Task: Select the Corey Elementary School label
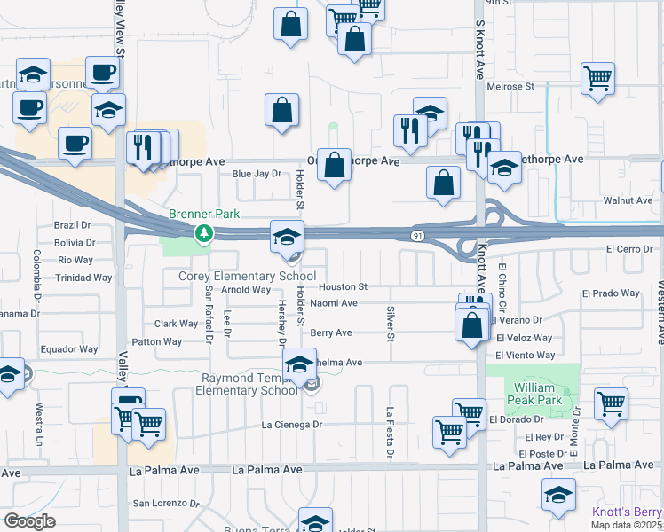[248, 276]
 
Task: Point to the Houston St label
[343, 287]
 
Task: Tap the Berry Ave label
[331, 333]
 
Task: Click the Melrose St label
[511, 87]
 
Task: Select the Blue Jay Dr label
[257, 175]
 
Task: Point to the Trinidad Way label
[85, 278]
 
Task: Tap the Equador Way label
[69, 349]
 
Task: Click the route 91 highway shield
[416, 235]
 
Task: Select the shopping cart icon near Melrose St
[597, 77]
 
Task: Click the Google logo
[29, 521]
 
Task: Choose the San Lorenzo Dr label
[166, 504]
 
